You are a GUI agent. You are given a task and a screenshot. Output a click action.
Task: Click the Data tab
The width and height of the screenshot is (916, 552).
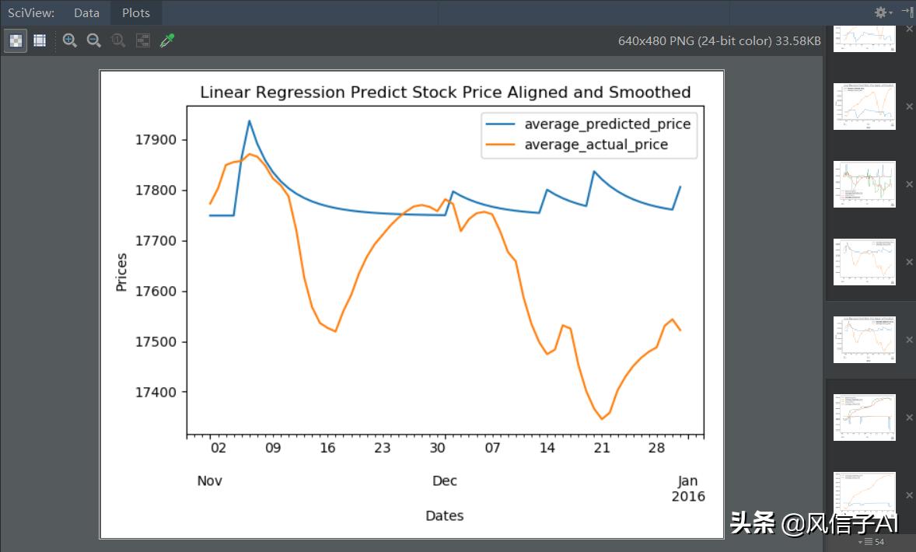(x=86, y=12)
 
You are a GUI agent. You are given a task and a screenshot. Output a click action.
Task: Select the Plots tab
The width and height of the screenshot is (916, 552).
(x=136, y=12)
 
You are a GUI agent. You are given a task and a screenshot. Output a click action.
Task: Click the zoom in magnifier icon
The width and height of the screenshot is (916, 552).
(x=70, y=40)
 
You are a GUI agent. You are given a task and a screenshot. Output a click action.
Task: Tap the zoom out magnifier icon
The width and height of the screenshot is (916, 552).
(x=94, y=40)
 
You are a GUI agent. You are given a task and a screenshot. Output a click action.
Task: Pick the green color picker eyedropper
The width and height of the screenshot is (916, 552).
(x=167, y=40)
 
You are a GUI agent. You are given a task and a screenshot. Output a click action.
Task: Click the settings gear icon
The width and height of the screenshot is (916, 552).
(x=881, y=12)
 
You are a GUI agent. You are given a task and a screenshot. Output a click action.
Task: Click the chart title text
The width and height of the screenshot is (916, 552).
(x=445, y=93)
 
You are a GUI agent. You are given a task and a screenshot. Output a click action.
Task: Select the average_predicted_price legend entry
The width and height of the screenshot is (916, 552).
(x=607, y=124)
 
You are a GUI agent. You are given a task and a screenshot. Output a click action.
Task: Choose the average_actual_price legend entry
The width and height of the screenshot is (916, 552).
(x=596, y=145)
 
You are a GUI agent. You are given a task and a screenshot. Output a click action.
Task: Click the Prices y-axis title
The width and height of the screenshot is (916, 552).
(x=121, y=272)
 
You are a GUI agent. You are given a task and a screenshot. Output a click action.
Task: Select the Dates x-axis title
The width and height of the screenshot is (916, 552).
(x=445, y=515)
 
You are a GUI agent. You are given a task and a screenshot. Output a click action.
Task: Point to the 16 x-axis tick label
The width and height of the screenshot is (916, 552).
(x=327, y=448)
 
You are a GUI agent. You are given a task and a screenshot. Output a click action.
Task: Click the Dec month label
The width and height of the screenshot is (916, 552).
(x=445, y=480)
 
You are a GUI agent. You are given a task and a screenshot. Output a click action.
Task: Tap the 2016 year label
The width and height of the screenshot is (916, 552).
(x=688, y=497)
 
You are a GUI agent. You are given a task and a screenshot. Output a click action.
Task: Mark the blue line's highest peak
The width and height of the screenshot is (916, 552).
(x=249, y=121)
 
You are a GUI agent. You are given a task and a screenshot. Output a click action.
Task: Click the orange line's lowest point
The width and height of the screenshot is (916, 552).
(x=601, y=419)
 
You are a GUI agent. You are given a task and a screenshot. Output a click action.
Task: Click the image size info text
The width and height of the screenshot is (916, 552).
(x=719, y=40)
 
